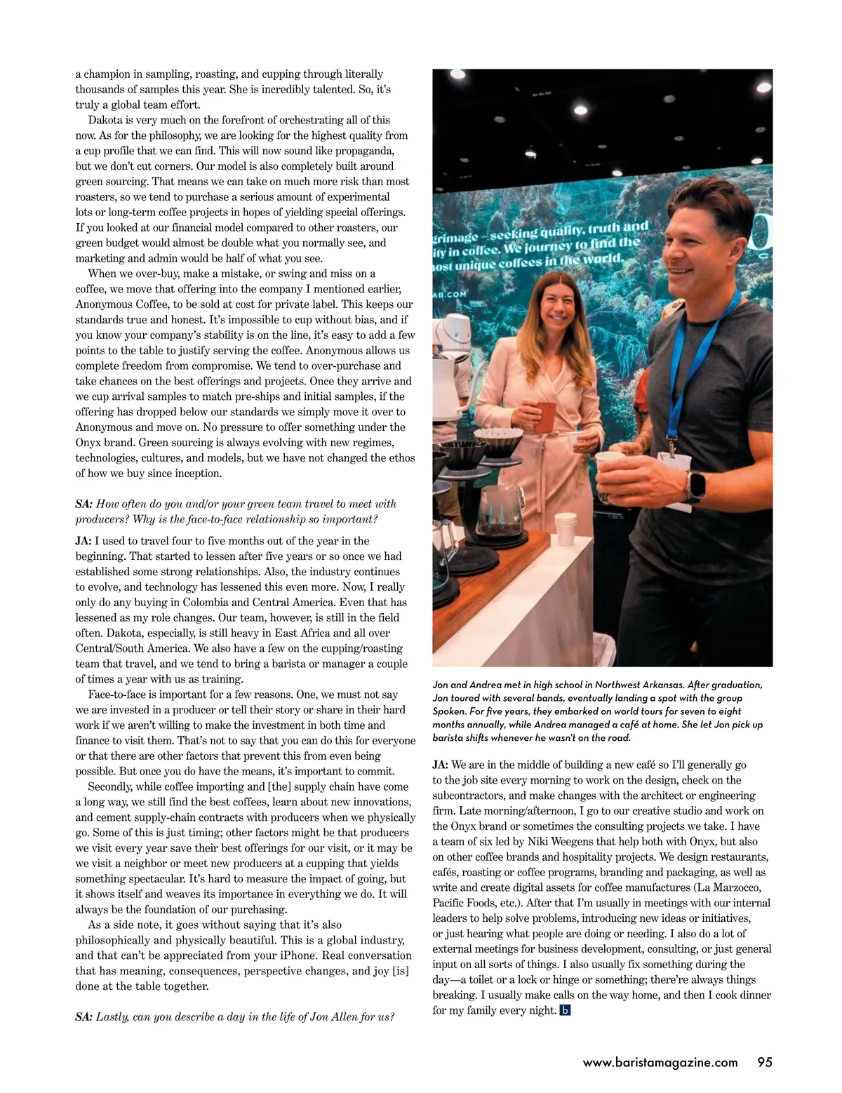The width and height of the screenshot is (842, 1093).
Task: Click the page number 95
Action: [764, 1062]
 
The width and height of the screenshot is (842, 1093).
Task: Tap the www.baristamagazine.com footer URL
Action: [660, 1062]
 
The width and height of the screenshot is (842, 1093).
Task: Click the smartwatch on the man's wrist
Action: [695, 483]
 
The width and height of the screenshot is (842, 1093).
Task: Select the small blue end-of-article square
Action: [566, 1010]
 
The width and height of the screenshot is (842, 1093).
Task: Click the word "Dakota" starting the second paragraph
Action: [106, 120]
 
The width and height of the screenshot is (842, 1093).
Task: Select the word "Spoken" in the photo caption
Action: [450, 711]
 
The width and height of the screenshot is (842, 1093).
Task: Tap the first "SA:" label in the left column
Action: [84, 504]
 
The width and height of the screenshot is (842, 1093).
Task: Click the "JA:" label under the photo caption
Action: [440, 765]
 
